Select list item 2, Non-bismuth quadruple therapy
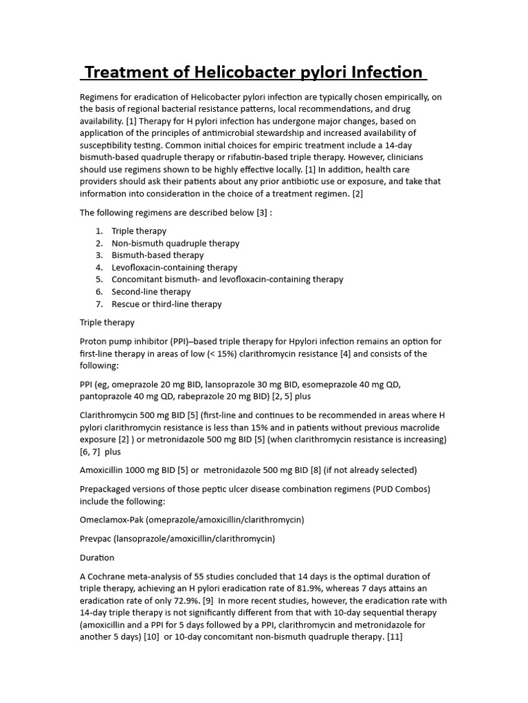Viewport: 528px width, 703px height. click(175, 243)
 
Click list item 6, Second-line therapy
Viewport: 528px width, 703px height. click(151, 292)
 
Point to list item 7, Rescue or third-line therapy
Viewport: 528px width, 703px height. click(166, 303)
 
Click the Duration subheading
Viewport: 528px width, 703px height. click(97, 557)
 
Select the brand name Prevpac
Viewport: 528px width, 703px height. click(96, 538)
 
